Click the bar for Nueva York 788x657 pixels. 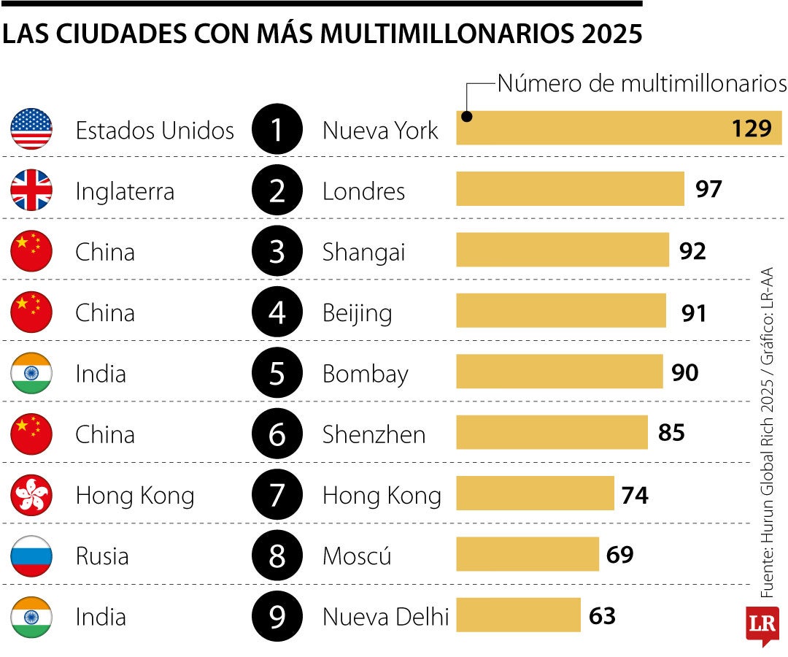(x=619, y=128)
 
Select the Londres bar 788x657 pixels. (x=570, y=190)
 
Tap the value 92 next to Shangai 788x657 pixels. (x=692, y=251)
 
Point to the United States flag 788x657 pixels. (x=31, y=129)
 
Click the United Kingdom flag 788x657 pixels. (x=31, y=191)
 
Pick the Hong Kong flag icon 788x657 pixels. (x=31, y=496)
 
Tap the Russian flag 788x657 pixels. (x=31, y=556)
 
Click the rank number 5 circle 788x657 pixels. (x=277, y=374)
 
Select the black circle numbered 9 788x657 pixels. (x=277, y=618)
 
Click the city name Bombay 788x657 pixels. (x=365, y=374)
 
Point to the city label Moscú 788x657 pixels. (x=357, y=557)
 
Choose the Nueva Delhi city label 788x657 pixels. (x=385, y=618)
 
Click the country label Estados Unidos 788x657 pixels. (x=155, y=131)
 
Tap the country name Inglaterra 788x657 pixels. (x=125, y=192)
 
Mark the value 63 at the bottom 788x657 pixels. (x=602, y=616)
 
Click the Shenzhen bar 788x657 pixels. (x=552, y=433)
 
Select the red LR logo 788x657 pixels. (x=762, y=624)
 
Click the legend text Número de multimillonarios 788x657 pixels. (x=641, y=83)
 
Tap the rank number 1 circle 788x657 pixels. (x=277, y=130)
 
